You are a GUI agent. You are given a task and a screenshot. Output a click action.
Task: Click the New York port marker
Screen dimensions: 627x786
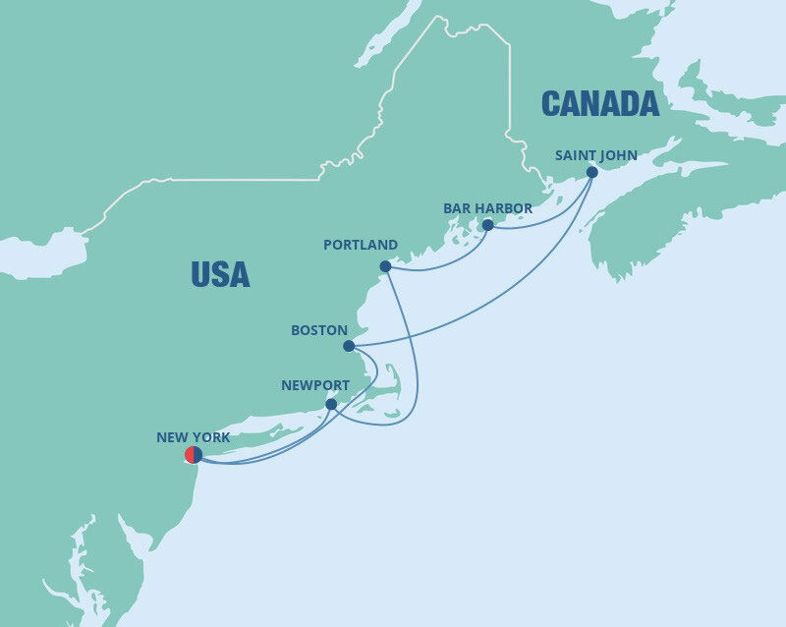(x=194, y=455)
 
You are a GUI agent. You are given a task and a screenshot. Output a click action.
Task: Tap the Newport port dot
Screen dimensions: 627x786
(x=331, y=404)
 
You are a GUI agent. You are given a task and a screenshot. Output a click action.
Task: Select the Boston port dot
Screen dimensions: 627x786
(x=349, y=346)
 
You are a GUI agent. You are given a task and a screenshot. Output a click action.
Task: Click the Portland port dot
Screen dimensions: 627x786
(x=385, y=266)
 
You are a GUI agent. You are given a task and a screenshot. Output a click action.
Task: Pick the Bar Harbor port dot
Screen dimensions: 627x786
(x=487, y=225)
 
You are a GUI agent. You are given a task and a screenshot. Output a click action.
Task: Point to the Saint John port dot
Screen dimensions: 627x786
(x=592, y=172)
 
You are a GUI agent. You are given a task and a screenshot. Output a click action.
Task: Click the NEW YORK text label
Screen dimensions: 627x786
(x=194, y=436)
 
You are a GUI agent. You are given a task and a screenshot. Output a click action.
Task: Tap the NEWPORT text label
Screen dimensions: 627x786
(x=315, y=385)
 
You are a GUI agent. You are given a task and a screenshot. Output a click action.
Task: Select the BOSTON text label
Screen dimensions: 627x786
(x=319, y=331)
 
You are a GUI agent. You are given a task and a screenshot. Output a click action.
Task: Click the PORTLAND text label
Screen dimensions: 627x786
(x=361, y=245)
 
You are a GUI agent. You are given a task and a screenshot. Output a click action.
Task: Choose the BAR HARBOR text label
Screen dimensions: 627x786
(x=487, y=207)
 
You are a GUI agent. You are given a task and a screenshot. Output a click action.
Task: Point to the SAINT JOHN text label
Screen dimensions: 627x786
(x=596, y=154)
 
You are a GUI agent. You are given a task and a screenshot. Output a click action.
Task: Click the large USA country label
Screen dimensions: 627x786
(x=220, y=274)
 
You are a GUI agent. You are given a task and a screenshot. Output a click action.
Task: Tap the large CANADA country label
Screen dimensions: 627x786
(x=599, y=102)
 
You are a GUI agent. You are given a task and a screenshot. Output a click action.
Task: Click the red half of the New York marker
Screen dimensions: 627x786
(x=190, y=455)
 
